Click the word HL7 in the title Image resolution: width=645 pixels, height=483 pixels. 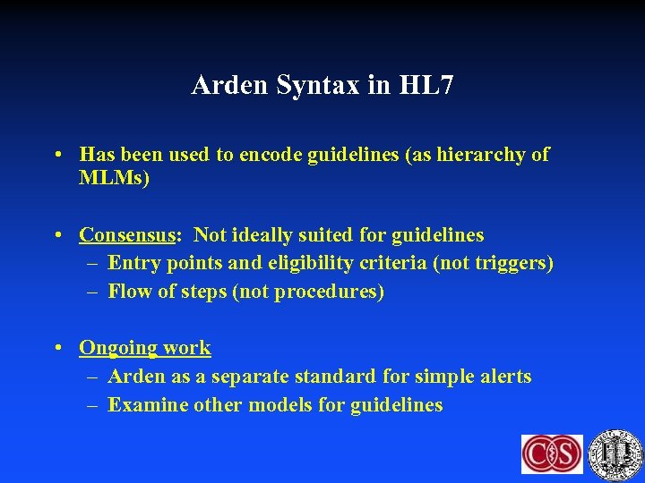[426, 86]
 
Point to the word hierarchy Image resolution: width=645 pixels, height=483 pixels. [486, 155]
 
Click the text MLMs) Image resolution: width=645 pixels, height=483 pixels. [114, 178]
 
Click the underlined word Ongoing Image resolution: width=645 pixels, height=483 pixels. [116, 348]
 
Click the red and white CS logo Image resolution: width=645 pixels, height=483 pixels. [552, 453]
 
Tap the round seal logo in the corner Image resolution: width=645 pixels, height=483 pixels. [616, 453]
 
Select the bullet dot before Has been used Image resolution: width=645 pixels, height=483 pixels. [57, 155]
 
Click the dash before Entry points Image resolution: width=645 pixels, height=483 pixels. [94, 263]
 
